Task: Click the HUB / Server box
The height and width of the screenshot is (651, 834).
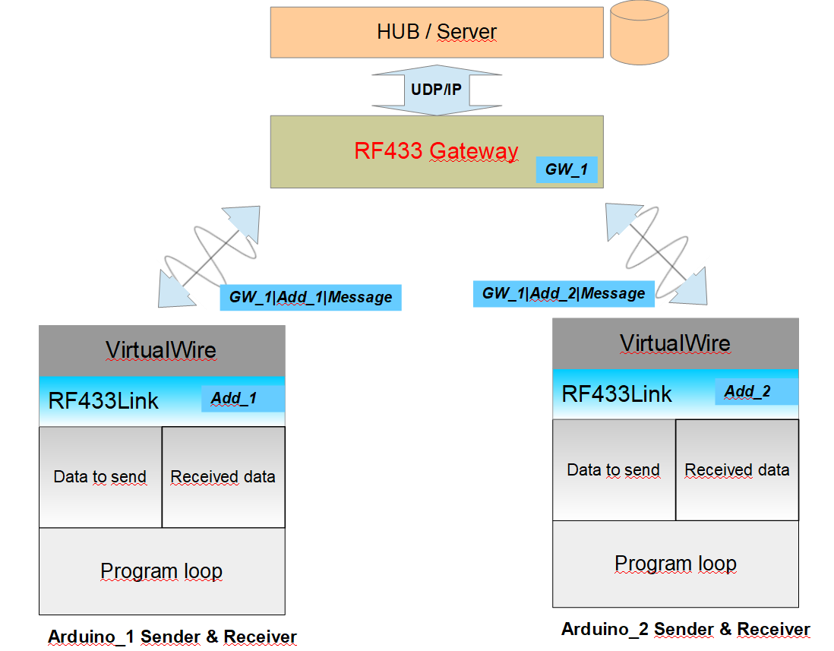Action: (x=437, y=32)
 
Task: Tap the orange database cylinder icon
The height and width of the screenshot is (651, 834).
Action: (x=640, y=33)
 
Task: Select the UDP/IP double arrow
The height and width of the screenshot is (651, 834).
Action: (x=437, y=90)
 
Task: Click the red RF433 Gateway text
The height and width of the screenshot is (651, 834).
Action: (x=436, y=151)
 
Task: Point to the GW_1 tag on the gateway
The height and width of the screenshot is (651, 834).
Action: (x=567, y=169)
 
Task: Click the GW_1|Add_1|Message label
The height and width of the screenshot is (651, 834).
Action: (x=311, y=297)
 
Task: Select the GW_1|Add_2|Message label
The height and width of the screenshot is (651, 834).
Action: (x=564, y=293)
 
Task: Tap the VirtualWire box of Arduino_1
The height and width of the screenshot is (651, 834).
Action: (x=162, y=350)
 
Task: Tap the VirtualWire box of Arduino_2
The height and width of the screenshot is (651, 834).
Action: (x=675, y=343)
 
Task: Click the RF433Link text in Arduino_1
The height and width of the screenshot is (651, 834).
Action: (x=103, y=401)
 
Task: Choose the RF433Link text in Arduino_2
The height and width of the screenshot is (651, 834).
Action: (x=617, y=394)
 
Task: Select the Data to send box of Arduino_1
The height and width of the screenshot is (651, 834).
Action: (x=100, y=477)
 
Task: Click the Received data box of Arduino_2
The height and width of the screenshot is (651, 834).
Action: (x=737, y=470)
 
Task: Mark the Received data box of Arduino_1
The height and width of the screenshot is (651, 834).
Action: (x=223, y=477)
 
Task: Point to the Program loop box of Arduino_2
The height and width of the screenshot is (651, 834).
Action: (x=675, y=564)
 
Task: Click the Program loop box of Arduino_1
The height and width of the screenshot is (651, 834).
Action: (x=162, y=571)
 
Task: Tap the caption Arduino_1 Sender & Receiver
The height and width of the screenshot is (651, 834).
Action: (x=172, y=637)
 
